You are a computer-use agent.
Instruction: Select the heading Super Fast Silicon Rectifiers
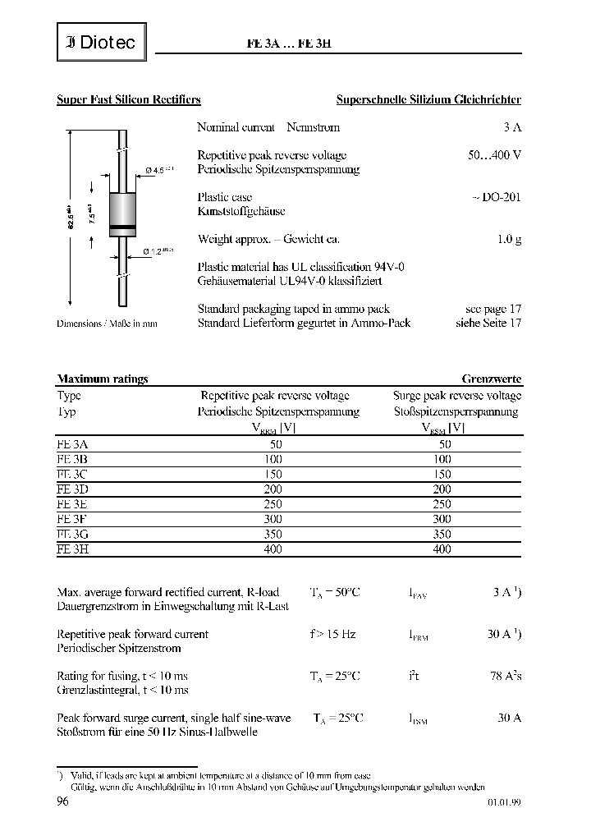[x=129, y=100]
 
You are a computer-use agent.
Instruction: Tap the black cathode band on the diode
[x=121, y=226]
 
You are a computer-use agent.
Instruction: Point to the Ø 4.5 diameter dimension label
[x=159, y=170]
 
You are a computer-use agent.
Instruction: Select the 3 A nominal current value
[x=512, y=127]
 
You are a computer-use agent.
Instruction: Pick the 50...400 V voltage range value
[x=494, y=155]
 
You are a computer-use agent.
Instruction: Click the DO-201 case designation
[x=497, y=197]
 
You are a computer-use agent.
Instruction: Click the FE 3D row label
[x=72, y=489]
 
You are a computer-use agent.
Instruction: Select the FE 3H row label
[x=72, y=549]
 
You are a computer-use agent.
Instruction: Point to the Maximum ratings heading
[x=103, y=379]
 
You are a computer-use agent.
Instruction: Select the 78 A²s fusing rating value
[x=504, y=676]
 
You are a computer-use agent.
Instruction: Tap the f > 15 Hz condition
[x=332, y=634]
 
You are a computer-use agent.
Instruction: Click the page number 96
[x=62, y=802]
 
